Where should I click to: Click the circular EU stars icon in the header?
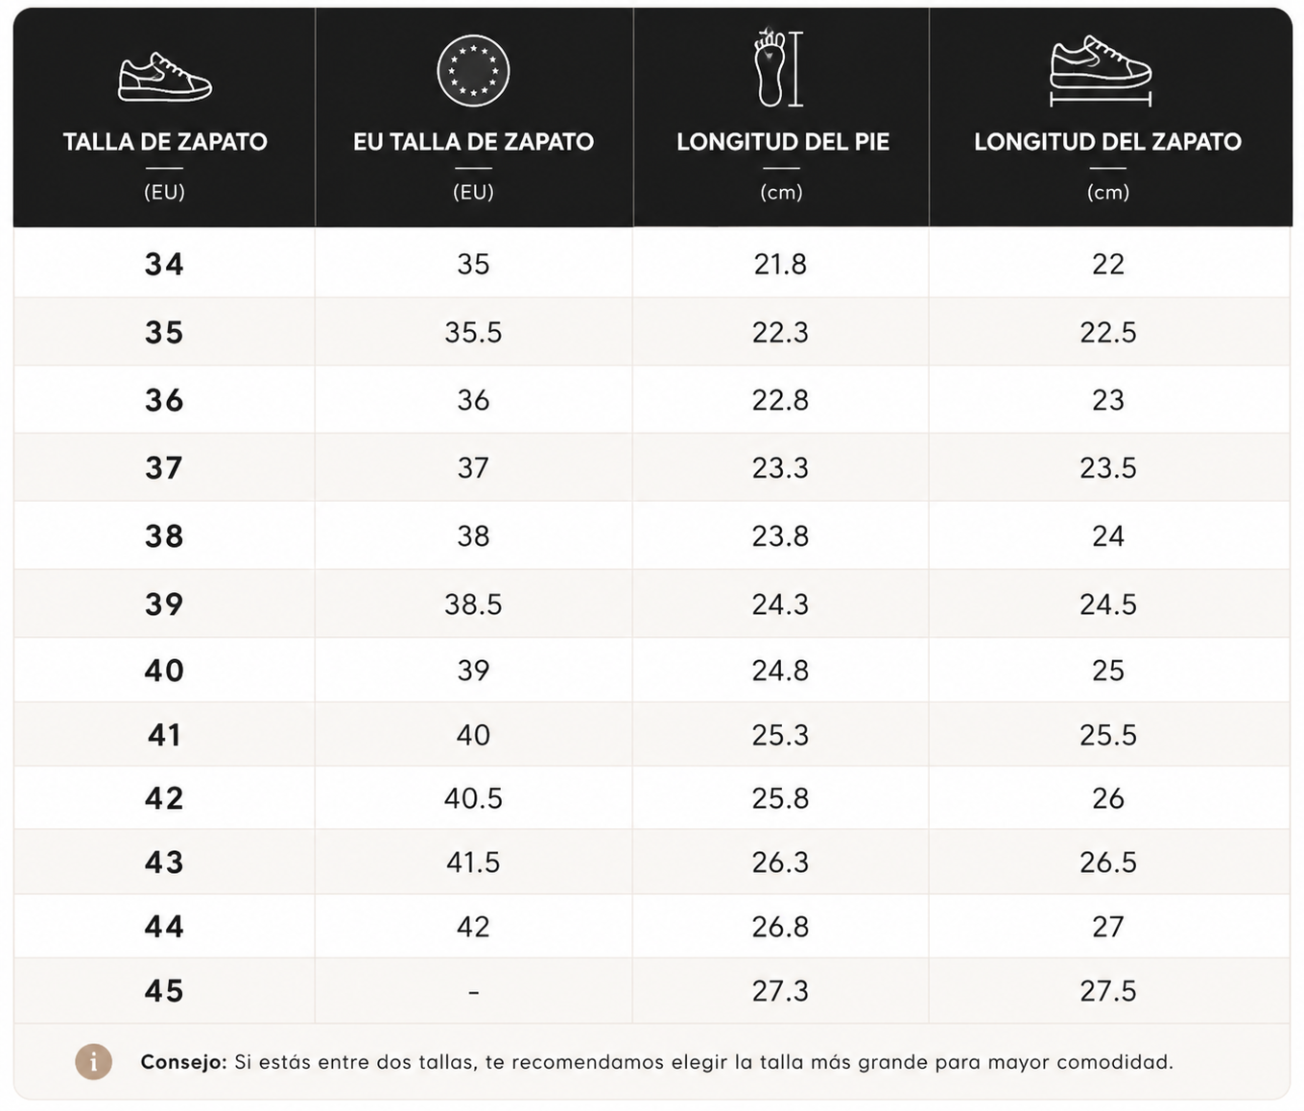click(473, 71)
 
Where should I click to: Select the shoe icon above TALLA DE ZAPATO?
click(165, 77)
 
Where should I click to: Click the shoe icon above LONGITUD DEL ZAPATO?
click(1101, 71)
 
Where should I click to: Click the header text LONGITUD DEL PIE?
click(783, 142)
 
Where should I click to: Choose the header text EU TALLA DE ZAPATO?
click(473, 142)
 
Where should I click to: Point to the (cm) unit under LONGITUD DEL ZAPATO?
click(1108, 192)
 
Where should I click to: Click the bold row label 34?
click(164, 264)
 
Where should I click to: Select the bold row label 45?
click(164, 990)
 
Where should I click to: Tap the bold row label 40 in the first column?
click(164, 670)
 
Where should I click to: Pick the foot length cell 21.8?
click(780, 264)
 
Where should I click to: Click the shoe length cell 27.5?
click(1108, 990)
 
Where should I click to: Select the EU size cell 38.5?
click(473, 604)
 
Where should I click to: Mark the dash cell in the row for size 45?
click(474, 992)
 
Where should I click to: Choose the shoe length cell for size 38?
click(1108, 536)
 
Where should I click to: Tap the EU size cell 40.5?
click(473, 798)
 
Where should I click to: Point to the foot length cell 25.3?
click(780, 735)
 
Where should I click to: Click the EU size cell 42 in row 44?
click(473, 927)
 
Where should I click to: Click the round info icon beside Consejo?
click(93, 1062)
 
